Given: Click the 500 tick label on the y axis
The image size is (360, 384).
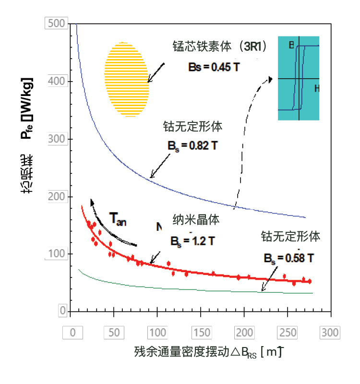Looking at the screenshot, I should pyautogui.click(x=56, y=24).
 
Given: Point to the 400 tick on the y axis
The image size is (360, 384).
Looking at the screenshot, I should pyautogui.click(x=56, y=81).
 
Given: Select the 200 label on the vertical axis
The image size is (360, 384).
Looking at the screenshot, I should pyautogui.click(x=56, y=196).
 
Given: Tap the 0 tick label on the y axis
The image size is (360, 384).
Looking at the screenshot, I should pyautogui.click(x=62, y=312).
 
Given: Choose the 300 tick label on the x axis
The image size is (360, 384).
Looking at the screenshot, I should pyautogui.click(x=330, y=333).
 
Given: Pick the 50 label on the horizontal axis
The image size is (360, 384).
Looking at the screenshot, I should pyautogui.click(x=114, y=333).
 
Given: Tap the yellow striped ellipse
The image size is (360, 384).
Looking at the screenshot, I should pyautogui.click(x=126, y=80).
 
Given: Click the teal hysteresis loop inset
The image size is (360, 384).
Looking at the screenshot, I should pyautogui.click(x=298, y=78).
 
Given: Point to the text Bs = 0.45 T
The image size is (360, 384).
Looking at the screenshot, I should pyautogui.click(x=214, y=67).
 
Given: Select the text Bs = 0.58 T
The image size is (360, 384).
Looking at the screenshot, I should pyautogui.click(x=288, y=258).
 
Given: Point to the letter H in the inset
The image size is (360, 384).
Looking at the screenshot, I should pyautogui.click(x=317, y=88).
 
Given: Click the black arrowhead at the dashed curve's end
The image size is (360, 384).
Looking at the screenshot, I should pyautogui.click(x=270, y=79).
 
